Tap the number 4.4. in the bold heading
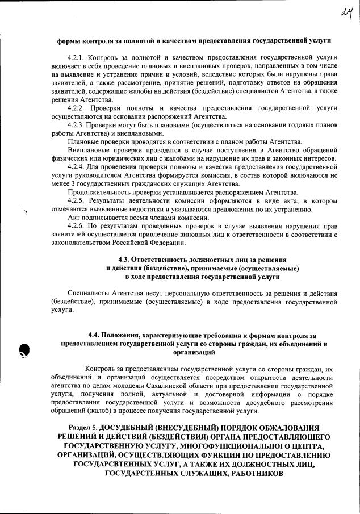(x=97, y=336)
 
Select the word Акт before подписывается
(x=74, y=218)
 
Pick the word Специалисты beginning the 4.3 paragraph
(x=89, y=293)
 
